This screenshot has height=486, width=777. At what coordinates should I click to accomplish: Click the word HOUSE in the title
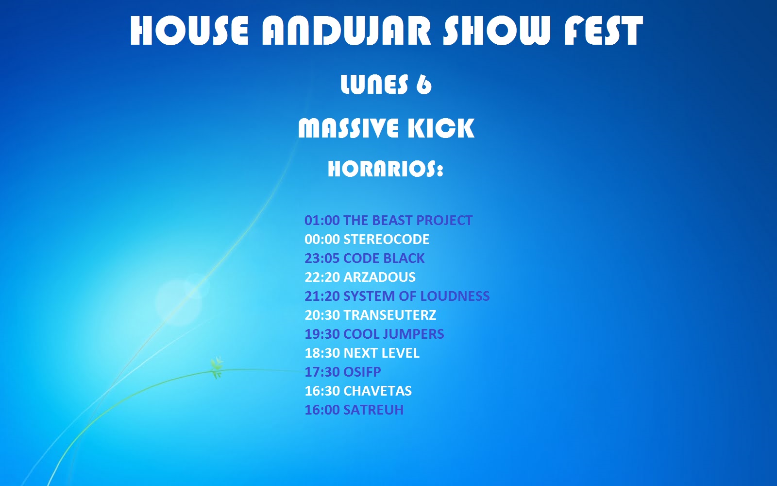click(x=189, y=30)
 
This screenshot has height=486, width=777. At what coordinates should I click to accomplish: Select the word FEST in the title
click(x=604, y=30)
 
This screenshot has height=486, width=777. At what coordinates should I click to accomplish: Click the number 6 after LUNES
click(x=424, y=85)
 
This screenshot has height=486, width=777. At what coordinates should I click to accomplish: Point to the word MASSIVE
click(x=348, y=128)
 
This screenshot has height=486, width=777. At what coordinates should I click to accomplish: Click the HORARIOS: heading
click(x=386, y=170)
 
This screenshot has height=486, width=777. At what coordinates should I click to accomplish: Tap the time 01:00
click(x=322, y=220)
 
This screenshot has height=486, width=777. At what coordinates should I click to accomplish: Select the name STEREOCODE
click(x=387, y=239)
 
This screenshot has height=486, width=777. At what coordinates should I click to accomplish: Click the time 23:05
click(x=322, y=258)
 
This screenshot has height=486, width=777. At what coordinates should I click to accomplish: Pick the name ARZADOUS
click(x=379, y=277)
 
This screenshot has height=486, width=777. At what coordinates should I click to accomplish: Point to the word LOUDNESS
click(x=455, y=296)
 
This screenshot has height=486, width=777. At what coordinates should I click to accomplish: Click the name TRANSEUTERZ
click(x=390, y=315)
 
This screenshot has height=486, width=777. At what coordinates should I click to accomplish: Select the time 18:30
click(x=322, y=353)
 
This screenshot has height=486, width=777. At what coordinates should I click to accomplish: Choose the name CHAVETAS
click(x=377, y=391)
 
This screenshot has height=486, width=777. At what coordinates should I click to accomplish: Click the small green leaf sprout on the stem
click(x=217, y=367)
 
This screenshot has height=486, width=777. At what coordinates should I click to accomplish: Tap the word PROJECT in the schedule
click(x=444, y=220)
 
